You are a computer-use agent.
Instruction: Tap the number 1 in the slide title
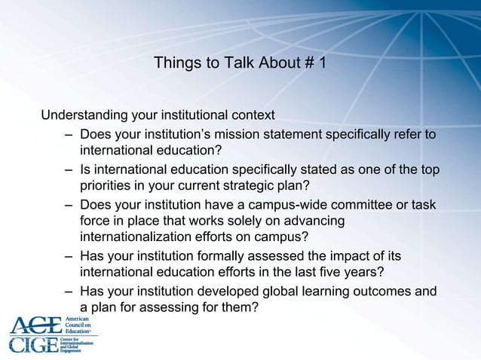322,64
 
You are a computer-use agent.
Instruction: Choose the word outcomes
381,291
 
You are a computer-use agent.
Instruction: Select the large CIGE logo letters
32,346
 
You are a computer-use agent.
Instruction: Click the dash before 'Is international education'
69,169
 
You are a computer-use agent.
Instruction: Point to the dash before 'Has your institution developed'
69,291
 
